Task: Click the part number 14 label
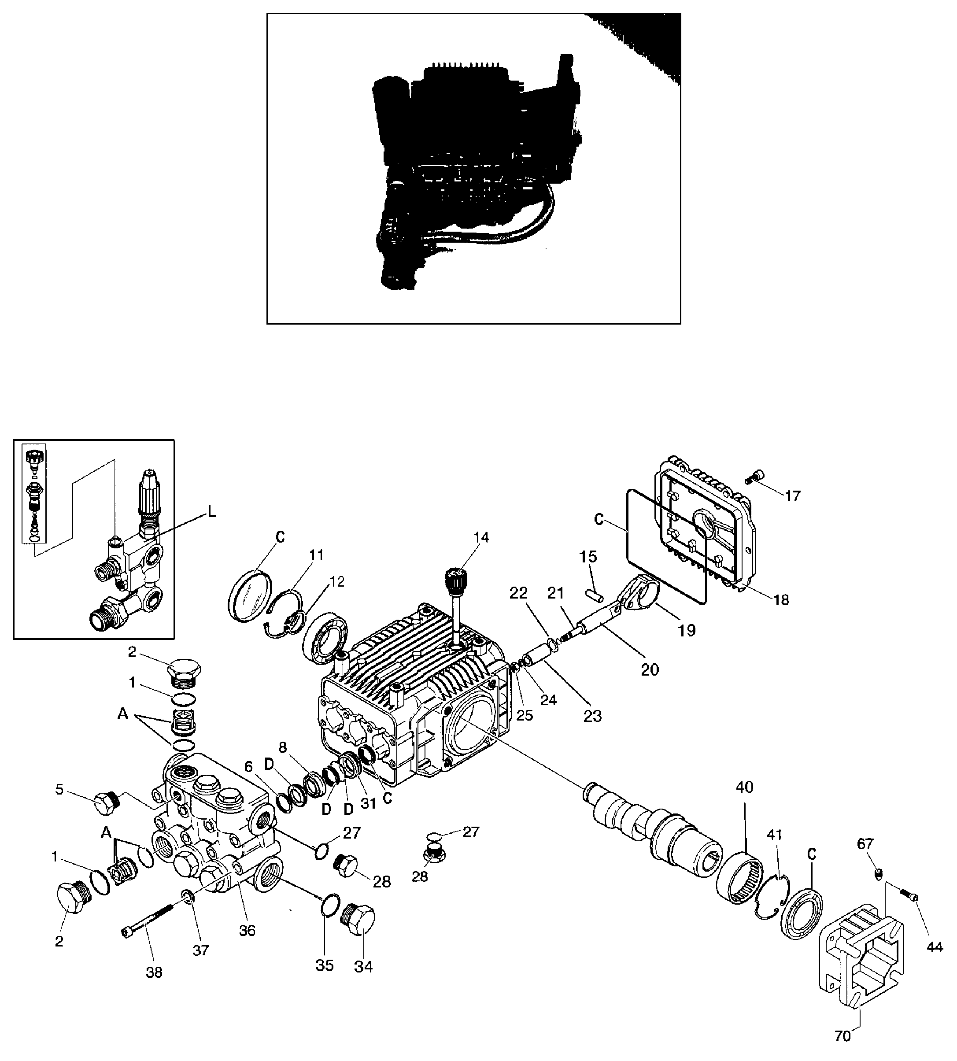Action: [x=481, y=537]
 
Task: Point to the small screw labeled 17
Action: [x=754, y=477]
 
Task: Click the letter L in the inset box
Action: [x=211, y=512]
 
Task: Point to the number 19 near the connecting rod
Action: [x=687, y=630]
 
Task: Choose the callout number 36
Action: [x=247, y=931]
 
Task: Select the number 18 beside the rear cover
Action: [x=781, y=600]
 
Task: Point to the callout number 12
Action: [x=336, y=581]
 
